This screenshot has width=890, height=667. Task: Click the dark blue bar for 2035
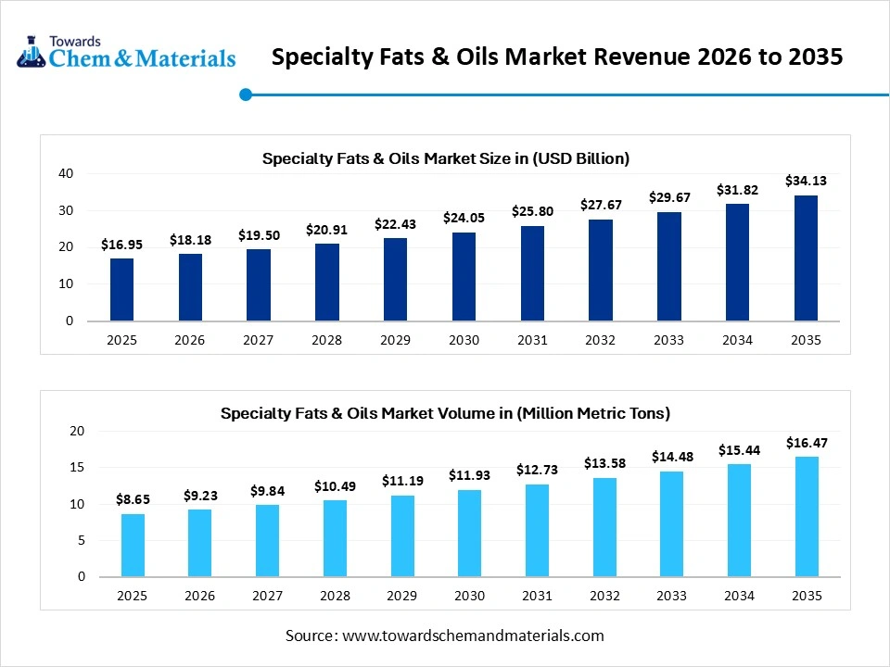coord(806,258)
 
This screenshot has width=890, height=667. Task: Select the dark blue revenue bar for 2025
coord(121,290)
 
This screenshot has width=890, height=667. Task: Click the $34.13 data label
coord(806,181)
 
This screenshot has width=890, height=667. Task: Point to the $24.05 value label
coord(464,218)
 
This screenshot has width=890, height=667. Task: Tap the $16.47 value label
coord(806,443)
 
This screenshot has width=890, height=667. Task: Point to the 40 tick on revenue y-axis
coord(66,173)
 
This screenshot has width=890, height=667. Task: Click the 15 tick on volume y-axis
coord(76,468)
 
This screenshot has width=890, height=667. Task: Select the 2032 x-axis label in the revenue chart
coord(600,340)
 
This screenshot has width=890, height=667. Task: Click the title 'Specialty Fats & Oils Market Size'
coord(445,158)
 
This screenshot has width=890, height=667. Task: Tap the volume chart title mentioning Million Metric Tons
coord(445,413)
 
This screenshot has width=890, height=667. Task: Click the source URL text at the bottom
coord(444,636)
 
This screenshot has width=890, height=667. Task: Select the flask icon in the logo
coord(32,53)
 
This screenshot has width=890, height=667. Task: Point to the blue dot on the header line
coord(246,94)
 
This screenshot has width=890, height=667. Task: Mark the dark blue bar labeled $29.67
coord(668,267)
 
